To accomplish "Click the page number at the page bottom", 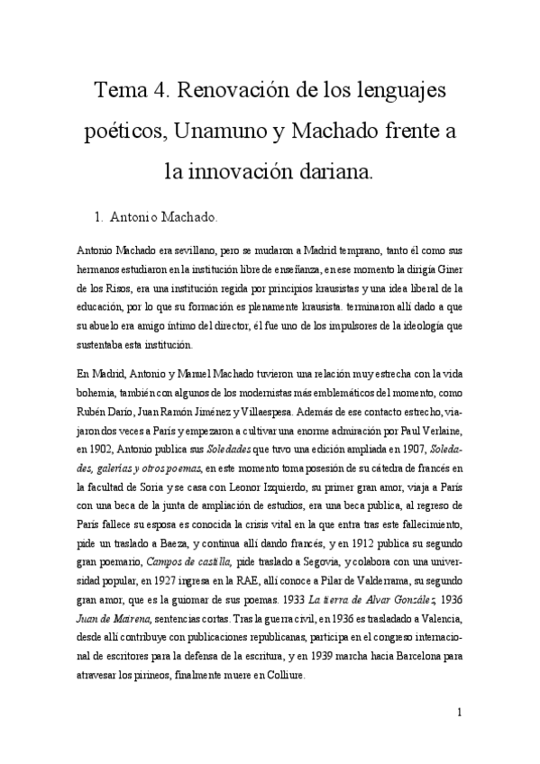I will tap(460, 714).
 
